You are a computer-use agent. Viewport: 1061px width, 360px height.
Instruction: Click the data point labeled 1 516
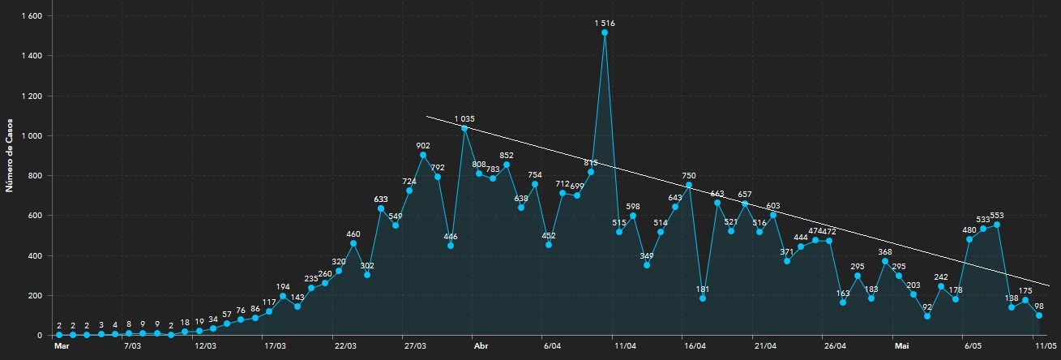(x=605, y=32)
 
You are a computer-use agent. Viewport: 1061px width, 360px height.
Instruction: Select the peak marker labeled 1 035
(x=464, y=128)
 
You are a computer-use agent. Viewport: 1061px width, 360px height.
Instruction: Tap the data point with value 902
(x=423, y=155)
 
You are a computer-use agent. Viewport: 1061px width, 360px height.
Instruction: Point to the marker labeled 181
(x=703, y=298)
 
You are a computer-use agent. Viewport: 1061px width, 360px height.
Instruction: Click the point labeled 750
(x=689, y=185)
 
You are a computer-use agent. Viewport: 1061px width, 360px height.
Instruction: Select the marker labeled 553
(x=997, y=225)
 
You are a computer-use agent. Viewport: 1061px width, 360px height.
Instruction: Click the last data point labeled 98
(x=1039, y=315)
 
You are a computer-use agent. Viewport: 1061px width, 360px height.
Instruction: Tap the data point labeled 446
(x=451, y=246)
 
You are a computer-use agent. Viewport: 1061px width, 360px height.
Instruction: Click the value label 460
(x=353, y=234)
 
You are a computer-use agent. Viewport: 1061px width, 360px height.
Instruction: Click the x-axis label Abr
(x=481, y=345)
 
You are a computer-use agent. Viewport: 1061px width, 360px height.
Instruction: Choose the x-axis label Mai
(x=901, y=345)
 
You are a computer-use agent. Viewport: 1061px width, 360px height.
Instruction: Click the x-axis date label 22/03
(x=345, y=345)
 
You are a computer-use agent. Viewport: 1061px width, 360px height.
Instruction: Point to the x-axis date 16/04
(x=695, y=345)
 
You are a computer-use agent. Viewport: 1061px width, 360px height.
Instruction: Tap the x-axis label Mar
(x=62, y=345)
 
